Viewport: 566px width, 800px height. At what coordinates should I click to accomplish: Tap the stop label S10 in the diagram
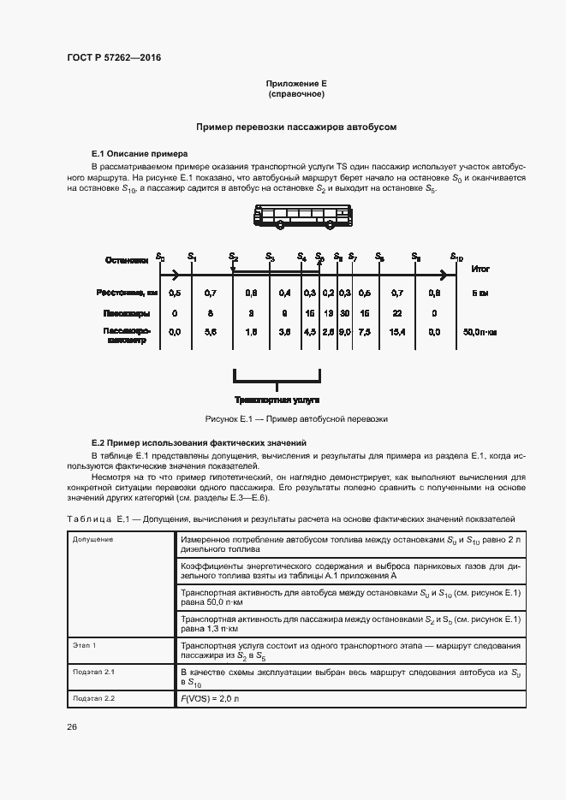pyautogui.click(x=456, y=257)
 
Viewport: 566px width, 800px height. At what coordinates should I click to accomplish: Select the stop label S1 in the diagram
pyautogui.click(x=192, y=257)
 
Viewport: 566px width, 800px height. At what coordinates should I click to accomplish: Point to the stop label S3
pyautogui.click(x=269, y=257)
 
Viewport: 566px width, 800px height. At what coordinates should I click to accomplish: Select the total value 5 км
pyautogui.click(x=480, y=293)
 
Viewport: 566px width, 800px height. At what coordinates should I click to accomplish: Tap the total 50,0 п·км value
pyautogui.click(x=480, y=331)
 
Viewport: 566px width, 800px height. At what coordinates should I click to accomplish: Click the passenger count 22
pyautogui.click(x=397, y=313)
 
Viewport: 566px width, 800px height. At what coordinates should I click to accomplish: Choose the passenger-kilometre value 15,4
pyautogui.click(x=396, y=331)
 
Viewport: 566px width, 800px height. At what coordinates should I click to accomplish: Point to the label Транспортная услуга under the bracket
pyautogui.click(x=277, y=400)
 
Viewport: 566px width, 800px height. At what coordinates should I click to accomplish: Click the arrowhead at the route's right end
pyautogui.click(x=444, y=275)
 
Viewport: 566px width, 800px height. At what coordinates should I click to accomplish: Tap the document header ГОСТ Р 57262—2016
pyautogui.click(x=113, y=57)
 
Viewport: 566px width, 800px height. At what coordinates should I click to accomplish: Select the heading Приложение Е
pyautogui.click(x=296, y=84)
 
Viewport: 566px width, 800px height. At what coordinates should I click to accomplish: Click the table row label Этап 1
pyautogui.click(x=84, y=645)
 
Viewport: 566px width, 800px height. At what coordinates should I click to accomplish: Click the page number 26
pyautogui.click(x=72, y=726)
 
